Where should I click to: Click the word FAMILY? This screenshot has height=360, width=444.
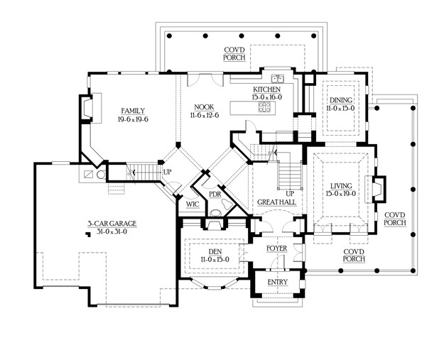(x=133, y=110)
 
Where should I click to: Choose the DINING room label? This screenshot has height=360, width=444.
(x=339, y=101)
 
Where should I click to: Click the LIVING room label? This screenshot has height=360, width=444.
(x=340, y=185)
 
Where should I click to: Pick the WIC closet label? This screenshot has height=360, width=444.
(x=193, y=204)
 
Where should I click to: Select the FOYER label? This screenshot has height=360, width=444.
(x=276, y=248)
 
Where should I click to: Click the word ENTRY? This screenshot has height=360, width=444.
(x=277, y=282)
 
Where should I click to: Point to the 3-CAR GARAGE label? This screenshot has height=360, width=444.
(x=112, y=223)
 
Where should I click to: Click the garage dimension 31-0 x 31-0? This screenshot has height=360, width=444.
(x=112, y=231)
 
